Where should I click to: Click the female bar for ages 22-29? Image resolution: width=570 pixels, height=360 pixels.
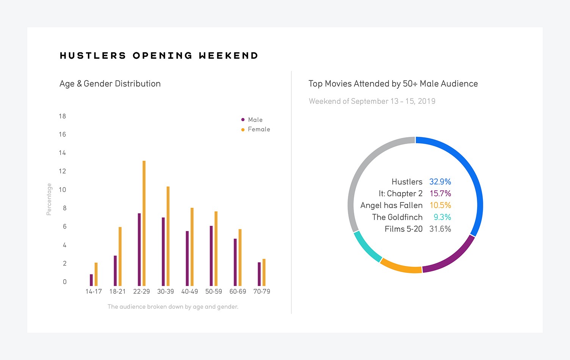click(144, 224)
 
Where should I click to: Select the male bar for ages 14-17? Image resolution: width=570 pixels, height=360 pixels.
click(91, 280)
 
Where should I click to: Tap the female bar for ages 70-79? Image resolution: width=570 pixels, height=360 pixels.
click(264, 272)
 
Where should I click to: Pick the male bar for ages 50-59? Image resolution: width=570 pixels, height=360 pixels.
click(211, 256)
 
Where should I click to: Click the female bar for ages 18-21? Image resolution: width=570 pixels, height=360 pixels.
click(120, 257)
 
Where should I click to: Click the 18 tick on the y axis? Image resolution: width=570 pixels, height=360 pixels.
click(63, 116)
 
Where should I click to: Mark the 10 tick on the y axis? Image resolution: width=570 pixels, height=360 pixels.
click(63, 190)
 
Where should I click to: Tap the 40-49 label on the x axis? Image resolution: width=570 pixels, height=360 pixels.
click(189, 291)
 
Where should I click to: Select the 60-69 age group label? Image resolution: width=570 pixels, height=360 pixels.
click(238, 291)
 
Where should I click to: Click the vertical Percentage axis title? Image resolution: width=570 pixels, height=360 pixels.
click(49, 199)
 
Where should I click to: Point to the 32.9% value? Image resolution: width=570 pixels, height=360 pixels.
click(440, 182)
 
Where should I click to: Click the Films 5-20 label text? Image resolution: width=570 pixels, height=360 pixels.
click(403, 229)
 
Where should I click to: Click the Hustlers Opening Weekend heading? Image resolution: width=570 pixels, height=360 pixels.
click(159, 56)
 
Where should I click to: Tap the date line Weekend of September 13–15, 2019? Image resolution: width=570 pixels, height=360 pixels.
click(372, 101)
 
